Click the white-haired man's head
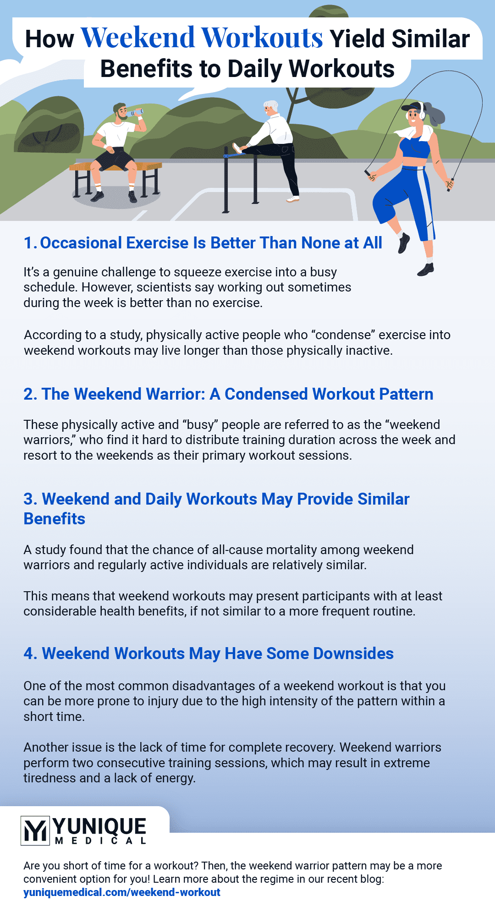point(270,108)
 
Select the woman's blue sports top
point(415,148)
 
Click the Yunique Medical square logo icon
point(35,830)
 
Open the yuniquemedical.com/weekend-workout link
point(122,892)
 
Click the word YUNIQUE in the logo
point(99,826)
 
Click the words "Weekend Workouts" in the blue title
point(202,38)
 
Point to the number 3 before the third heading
point(29,499)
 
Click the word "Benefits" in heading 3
point(55,519)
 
